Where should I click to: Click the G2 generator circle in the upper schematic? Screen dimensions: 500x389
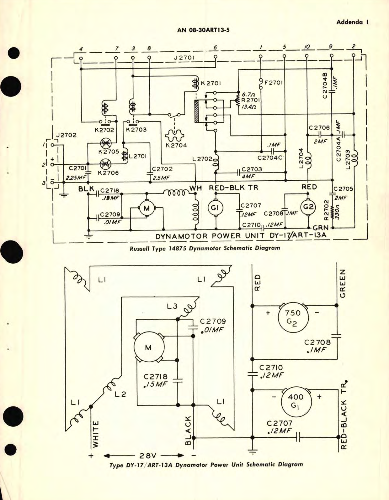(308, 207)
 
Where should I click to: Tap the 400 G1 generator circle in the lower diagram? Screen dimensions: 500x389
(296, 401)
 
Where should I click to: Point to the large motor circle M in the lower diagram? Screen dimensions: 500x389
(149, 347)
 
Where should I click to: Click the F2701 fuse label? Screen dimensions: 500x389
(274, 83)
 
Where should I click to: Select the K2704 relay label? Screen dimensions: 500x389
(176, 145)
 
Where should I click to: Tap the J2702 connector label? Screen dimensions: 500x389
(66, 135)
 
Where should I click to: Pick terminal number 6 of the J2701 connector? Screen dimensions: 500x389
(215, 48)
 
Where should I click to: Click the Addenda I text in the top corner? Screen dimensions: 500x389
(352, 22)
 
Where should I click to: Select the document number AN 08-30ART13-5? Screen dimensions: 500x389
(205, 30)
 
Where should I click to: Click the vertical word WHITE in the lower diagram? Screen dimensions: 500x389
(95, 434)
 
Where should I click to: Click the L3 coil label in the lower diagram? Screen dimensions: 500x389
(172, 306)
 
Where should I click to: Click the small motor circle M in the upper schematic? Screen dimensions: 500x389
(147, 208)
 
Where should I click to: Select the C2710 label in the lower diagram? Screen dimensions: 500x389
(271, 368)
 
